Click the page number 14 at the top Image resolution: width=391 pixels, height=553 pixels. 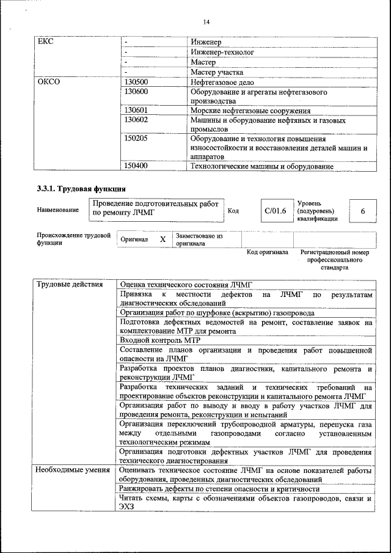[206, 22]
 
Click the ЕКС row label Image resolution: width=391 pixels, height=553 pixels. [45, 42]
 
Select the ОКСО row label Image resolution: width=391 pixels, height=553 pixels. [49, 81]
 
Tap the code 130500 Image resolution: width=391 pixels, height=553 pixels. [136, 81]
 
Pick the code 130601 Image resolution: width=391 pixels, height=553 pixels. [136, 111]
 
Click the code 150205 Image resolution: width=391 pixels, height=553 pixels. [136, 139]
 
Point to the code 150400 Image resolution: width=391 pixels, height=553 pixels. [136, 166]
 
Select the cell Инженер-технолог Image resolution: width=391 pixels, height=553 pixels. [222, 52]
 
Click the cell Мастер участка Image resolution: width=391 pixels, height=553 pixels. [217, 72]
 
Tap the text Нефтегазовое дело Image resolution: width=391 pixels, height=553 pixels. [225, 81]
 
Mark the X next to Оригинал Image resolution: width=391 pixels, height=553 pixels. [163, 240]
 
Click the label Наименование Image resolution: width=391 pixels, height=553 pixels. [57, 210]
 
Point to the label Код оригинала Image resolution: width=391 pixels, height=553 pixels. [267, 252]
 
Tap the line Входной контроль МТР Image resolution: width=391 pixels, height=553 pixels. [160, 340]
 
